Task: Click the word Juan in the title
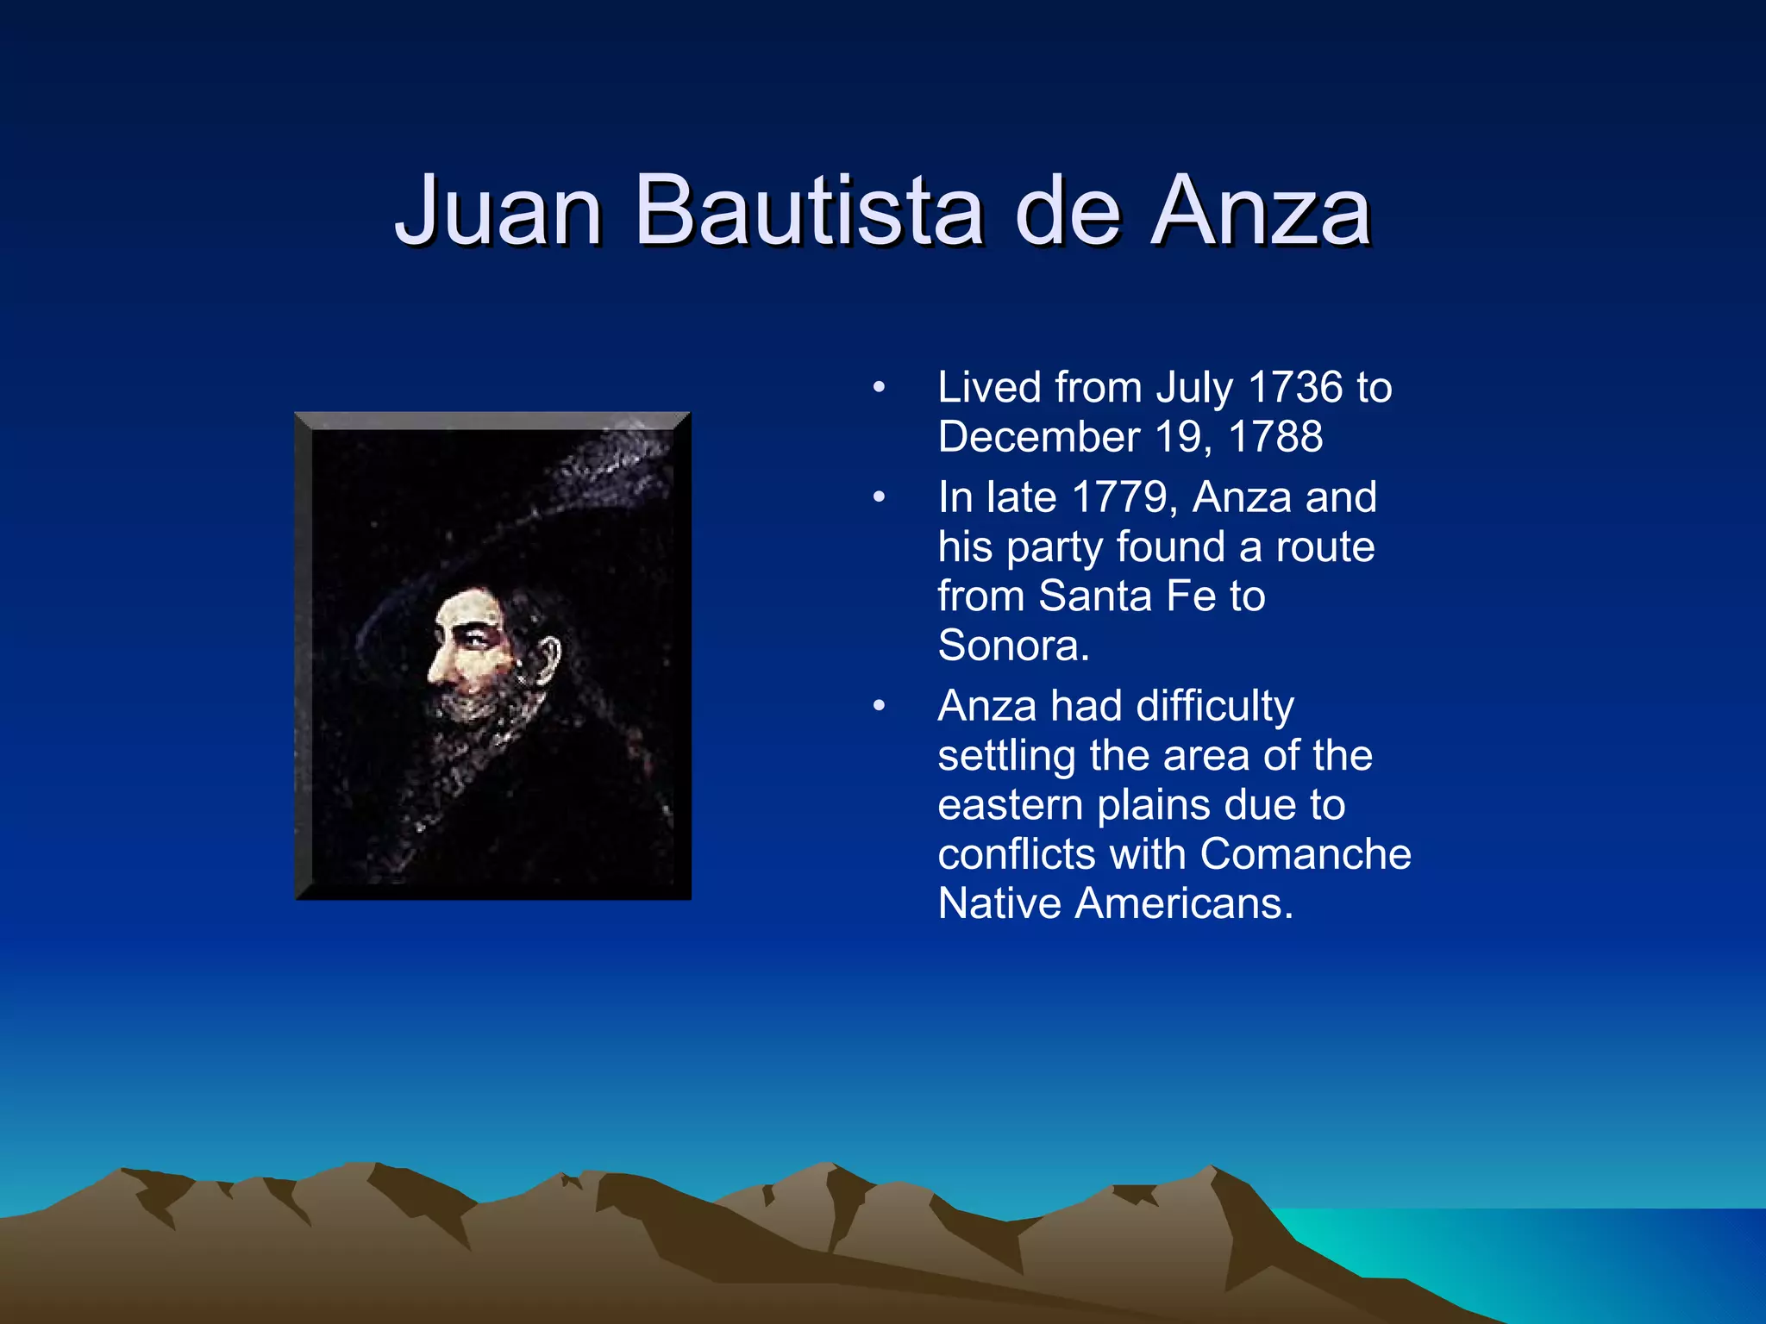pyautogui.click(x=498, y=211)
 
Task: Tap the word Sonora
pyautogui.click(x=1012, y=646)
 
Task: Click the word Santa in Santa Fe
pyautogui.click(x=1095, y=596)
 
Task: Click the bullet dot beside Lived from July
pyautogui.click(x=879, y=388)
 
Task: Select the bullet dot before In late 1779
pyautogui.click(x=879, y=498)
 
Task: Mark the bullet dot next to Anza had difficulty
pyautogui.click(x=879, y=707)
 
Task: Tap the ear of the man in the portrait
pyautogui.click(x=548, y=659)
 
